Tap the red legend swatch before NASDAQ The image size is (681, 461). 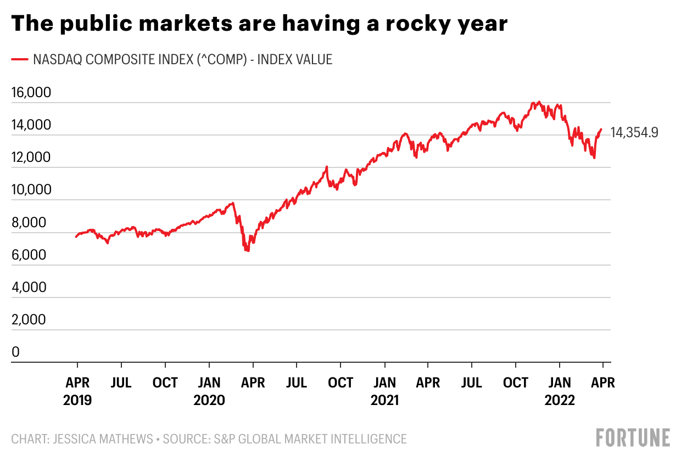point(20,59)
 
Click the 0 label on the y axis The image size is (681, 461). point(15,352)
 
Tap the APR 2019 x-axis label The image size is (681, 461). point(77,391)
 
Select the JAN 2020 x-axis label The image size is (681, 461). point(209,391)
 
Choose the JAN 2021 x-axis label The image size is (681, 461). point(384,391)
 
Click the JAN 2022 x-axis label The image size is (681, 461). point(560,391)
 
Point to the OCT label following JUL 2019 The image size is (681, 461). point(165,383)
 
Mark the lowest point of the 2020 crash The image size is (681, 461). point(248,251)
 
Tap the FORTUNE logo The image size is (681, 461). point(633,437)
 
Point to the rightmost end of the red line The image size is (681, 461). point(601,130)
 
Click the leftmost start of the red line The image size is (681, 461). point(76,237)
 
